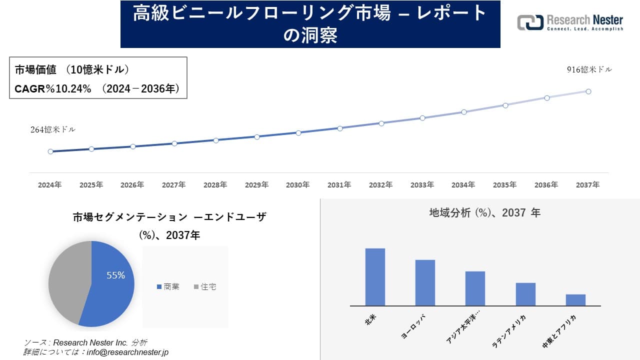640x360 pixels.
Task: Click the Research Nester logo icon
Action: pos(530,22)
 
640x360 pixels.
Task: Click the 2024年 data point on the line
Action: pos(50,151)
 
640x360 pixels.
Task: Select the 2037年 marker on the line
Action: pos(588,91)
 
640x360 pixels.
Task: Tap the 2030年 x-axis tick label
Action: pos(298,185)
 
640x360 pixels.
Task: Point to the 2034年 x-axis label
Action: pos(463,185)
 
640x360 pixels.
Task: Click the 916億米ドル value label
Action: pos(589,70)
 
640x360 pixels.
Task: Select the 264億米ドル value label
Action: pos(53,129)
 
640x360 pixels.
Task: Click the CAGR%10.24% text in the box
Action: pos(53,89)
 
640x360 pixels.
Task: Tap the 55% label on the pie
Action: pos(115,275)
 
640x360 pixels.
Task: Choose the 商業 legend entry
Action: pos(168,287)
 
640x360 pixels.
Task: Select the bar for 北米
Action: pos(375,277)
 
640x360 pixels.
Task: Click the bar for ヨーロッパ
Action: pos(425,282)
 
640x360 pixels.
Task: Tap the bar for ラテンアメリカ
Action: pos(525,294)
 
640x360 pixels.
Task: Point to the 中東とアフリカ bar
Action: pos(575,300)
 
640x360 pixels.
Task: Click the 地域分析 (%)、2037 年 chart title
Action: pos(484,213)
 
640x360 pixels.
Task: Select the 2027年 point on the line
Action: pos(174,143)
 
